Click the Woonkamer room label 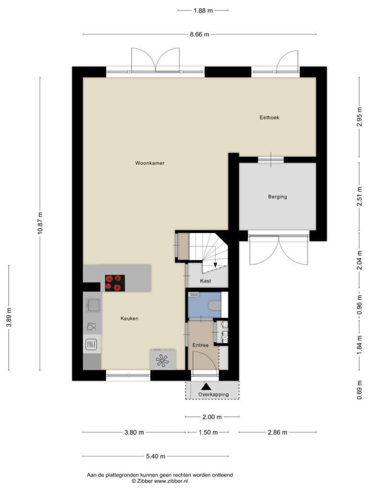149,163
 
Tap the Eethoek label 269,117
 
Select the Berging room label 277,197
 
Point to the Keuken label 129,318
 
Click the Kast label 206,281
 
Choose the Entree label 200,345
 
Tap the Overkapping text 213,395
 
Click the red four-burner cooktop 115,283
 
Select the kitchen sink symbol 93,305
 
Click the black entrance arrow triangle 206,386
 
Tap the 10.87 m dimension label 40,223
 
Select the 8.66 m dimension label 200,35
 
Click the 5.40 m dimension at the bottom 156,456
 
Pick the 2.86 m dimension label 277,433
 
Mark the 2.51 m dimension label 359,196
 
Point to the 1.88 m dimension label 203,11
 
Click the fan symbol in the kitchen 162,360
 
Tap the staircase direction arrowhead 215,265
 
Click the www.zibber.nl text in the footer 171,481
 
